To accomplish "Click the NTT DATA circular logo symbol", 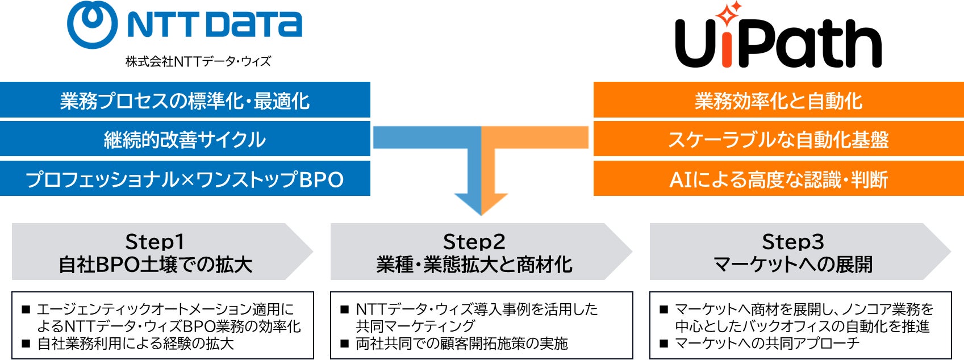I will pyautogui.click(x=93, y=25).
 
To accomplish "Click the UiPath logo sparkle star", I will pyautogui.click(x=729, y=15).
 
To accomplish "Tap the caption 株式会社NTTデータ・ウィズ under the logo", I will pyautogui.click(x=198, y=61).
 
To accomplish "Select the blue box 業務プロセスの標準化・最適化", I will pyautogui.click(x=185, y=101).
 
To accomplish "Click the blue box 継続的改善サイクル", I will pyautogui.click(x=185, y=140).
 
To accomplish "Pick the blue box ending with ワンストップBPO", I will pyautogui.click(x=185, y=179).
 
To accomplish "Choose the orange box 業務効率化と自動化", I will pyautogui.click(x=778, y=101).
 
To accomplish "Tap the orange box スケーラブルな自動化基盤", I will pyautogui.click(x=778, y=140).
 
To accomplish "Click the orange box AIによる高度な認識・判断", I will pyautogui.click(x=778, y=179).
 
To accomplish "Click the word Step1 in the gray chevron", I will pyautogui.click(x=155, y=242).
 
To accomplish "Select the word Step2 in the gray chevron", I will pyautogui.click(x=474, y=242).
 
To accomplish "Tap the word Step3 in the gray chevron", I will pyautogui.click(x=793, y=242).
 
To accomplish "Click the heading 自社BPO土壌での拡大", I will pyautogui.click(x=155, y=265).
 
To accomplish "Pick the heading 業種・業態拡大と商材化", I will pyautogui.click(x=474, y=265).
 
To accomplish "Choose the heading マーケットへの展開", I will pyautogui.click(x=793, y=265).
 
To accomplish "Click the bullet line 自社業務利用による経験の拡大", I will pyautogui.click(x=135, y=344).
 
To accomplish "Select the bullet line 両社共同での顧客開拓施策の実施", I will pyautogui.click(x=461, y=344).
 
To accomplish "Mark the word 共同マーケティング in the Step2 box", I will pyautogui.click(x=415, y=326).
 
